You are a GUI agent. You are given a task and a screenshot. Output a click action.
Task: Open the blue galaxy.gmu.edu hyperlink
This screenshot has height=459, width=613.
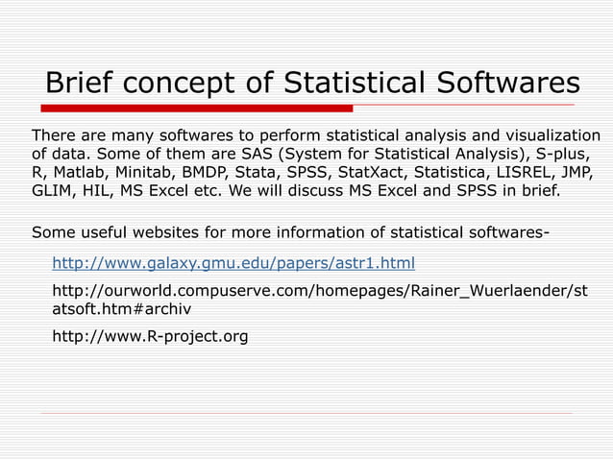click(233, 262)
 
